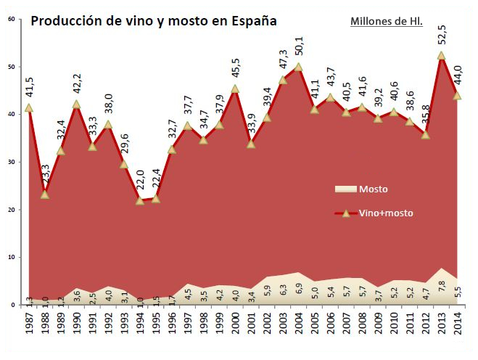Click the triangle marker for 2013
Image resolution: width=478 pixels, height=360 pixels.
(442, 55)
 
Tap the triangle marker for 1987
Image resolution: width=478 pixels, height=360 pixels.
(29, 107)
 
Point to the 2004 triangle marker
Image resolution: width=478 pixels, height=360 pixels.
(299, 67)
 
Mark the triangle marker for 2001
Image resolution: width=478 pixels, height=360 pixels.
(251, 144)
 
